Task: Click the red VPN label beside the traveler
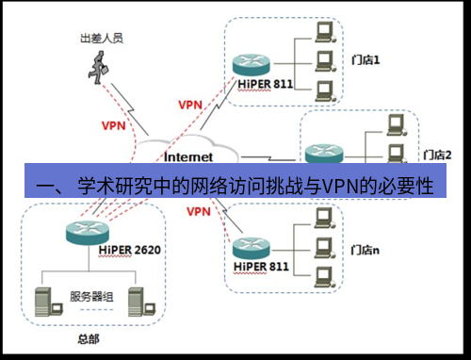click(x=112, y=123)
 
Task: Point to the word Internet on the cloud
click(x=187, y=155)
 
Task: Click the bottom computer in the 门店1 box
click(x=325, y=91)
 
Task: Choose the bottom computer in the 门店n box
click(x=325, y=276)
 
